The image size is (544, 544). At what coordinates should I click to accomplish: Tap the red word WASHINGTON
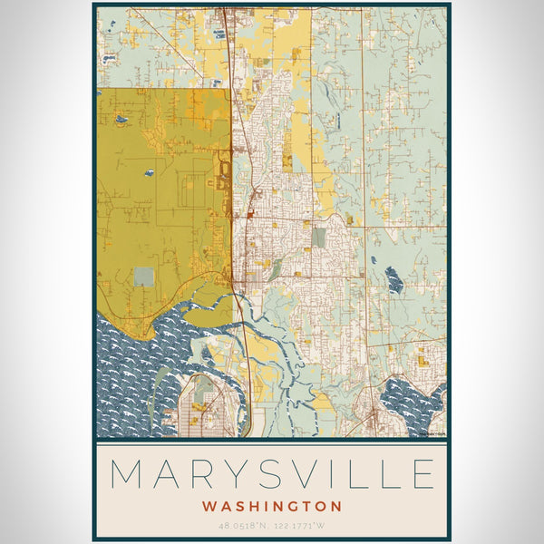pos(272,506)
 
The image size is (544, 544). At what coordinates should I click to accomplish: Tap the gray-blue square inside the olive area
pos(144,277)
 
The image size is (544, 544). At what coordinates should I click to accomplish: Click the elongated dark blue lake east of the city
pos(393,280)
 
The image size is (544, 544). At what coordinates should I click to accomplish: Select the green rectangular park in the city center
pos(318,238)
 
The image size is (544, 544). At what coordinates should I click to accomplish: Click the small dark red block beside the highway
pos(248,215)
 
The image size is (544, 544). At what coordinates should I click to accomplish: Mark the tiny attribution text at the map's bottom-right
pos(432,433)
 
